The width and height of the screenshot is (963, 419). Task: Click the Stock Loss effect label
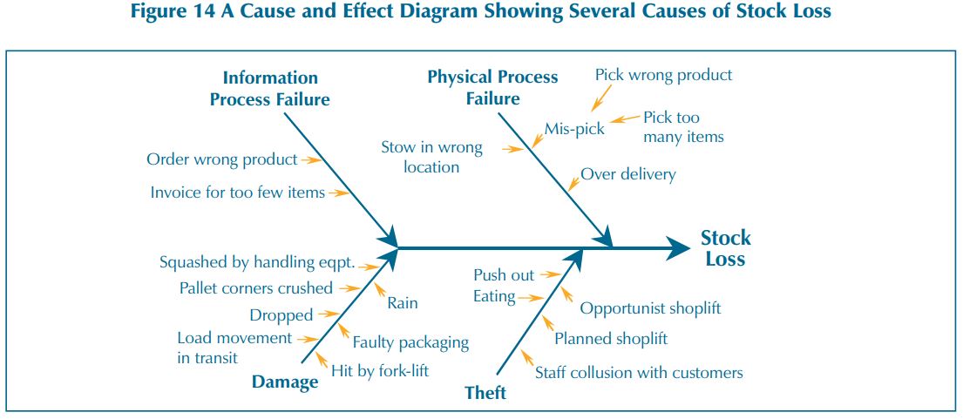[x=725, y=248]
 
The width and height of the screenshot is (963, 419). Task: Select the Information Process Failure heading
[x=270, y=88]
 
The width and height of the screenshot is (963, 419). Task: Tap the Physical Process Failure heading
[x=492, y=87]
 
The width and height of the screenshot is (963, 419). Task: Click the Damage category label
[x=285, y=382]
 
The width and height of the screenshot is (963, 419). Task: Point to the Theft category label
[x=485, y=392]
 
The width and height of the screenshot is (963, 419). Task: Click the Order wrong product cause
[x=221, y=159]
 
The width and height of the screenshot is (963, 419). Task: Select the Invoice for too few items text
[x=238, y=193]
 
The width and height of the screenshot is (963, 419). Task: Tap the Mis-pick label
[x=575, y=129]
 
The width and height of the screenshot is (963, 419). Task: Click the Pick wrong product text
[x=664, y=75]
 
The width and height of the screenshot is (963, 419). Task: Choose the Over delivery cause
[x=628, y=174]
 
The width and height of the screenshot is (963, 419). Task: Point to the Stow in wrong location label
[x=431, y=157]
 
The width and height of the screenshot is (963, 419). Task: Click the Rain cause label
[x=403, y=303]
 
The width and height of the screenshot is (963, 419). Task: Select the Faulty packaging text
[x=410, y=342]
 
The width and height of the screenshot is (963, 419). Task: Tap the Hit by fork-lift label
[x=380, y=370]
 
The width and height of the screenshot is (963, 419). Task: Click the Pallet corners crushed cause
[x=256, y=287]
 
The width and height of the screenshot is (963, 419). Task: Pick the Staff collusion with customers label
[x=640, y=372]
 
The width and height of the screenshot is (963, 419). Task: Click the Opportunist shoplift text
[x=650, y=307]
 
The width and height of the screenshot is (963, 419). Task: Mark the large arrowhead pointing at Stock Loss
[x=679, y=248]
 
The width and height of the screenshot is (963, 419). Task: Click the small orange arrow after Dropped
[x=329, y=314]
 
